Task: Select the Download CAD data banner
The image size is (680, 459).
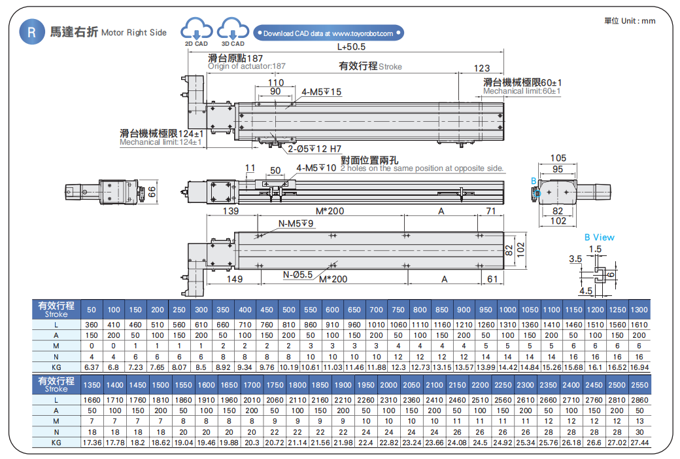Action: [x=328, y=33]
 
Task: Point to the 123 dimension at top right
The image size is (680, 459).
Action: [x=481, y=68]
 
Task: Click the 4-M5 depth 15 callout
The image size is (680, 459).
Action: [x=322, y=92]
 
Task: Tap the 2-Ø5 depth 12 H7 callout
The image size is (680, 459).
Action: [x=314, y=149]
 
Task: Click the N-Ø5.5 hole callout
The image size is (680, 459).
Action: [x=297, y=274]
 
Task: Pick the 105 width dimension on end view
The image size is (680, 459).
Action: [x=558, y=158]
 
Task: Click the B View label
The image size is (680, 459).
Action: [x=599, y=237]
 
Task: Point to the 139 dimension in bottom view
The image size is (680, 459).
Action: [x=230, y=211]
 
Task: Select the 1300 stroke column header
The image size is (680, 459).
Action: [x=639, y=310]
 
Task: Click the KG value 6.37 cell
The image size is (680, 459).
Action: [x=92, y=367]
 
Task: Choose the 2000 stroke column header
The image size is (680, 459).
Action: [x=388, y=385]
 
